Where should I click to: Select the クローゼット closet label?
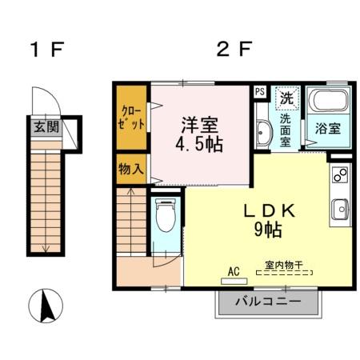coord(133,118)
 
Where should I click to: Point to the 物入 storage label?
coord(131,169)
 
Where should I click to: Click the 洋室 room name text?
coord(200,126)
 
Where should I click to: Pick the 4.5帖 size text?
coord(200,146)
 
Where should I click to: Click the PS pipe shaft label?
coord(260,91)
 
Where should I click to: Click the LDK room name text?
coord(270,212)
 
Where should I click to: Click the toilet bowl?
coord(166,215)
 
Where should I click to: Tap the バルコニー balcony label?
coord(269,303)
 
